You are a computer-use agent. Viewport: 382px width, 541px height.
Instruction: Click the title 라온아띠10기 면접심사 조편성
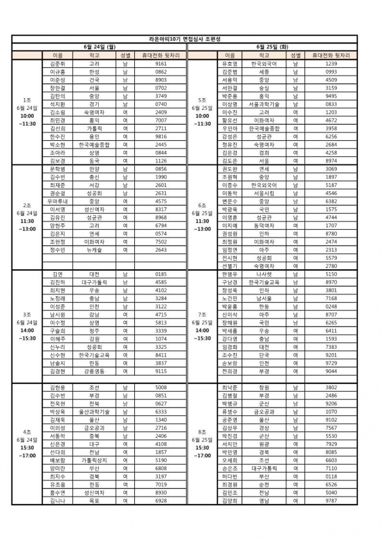pos(192,39)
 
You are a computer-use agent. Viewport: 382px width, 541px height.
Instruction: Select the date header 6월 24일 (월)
pos(100,47)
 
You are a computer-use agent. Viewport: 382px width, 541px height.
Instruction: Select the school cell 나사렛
pos(264,274)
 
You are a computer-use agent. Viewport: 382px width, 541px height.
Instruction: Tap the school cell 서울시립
pos(264,193)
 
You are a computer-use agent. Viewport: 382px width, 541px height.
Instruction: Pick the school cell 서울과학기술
pos(264,104)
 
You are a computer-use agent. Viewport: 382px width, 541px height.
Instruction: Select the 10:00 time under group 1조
pos(27,116)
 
